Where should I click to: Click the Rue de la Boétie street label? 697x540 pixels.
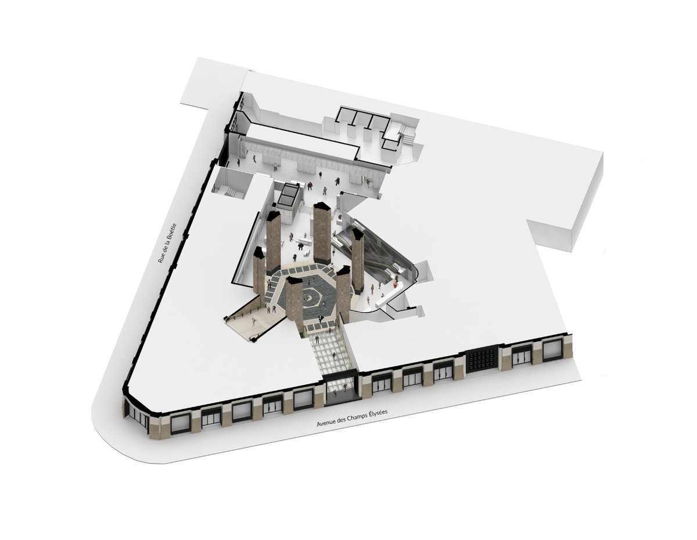167,243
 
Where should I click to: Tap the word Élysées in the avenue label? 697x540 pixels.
376,413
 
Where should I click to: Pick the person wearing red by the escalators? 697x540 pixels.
396,285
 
